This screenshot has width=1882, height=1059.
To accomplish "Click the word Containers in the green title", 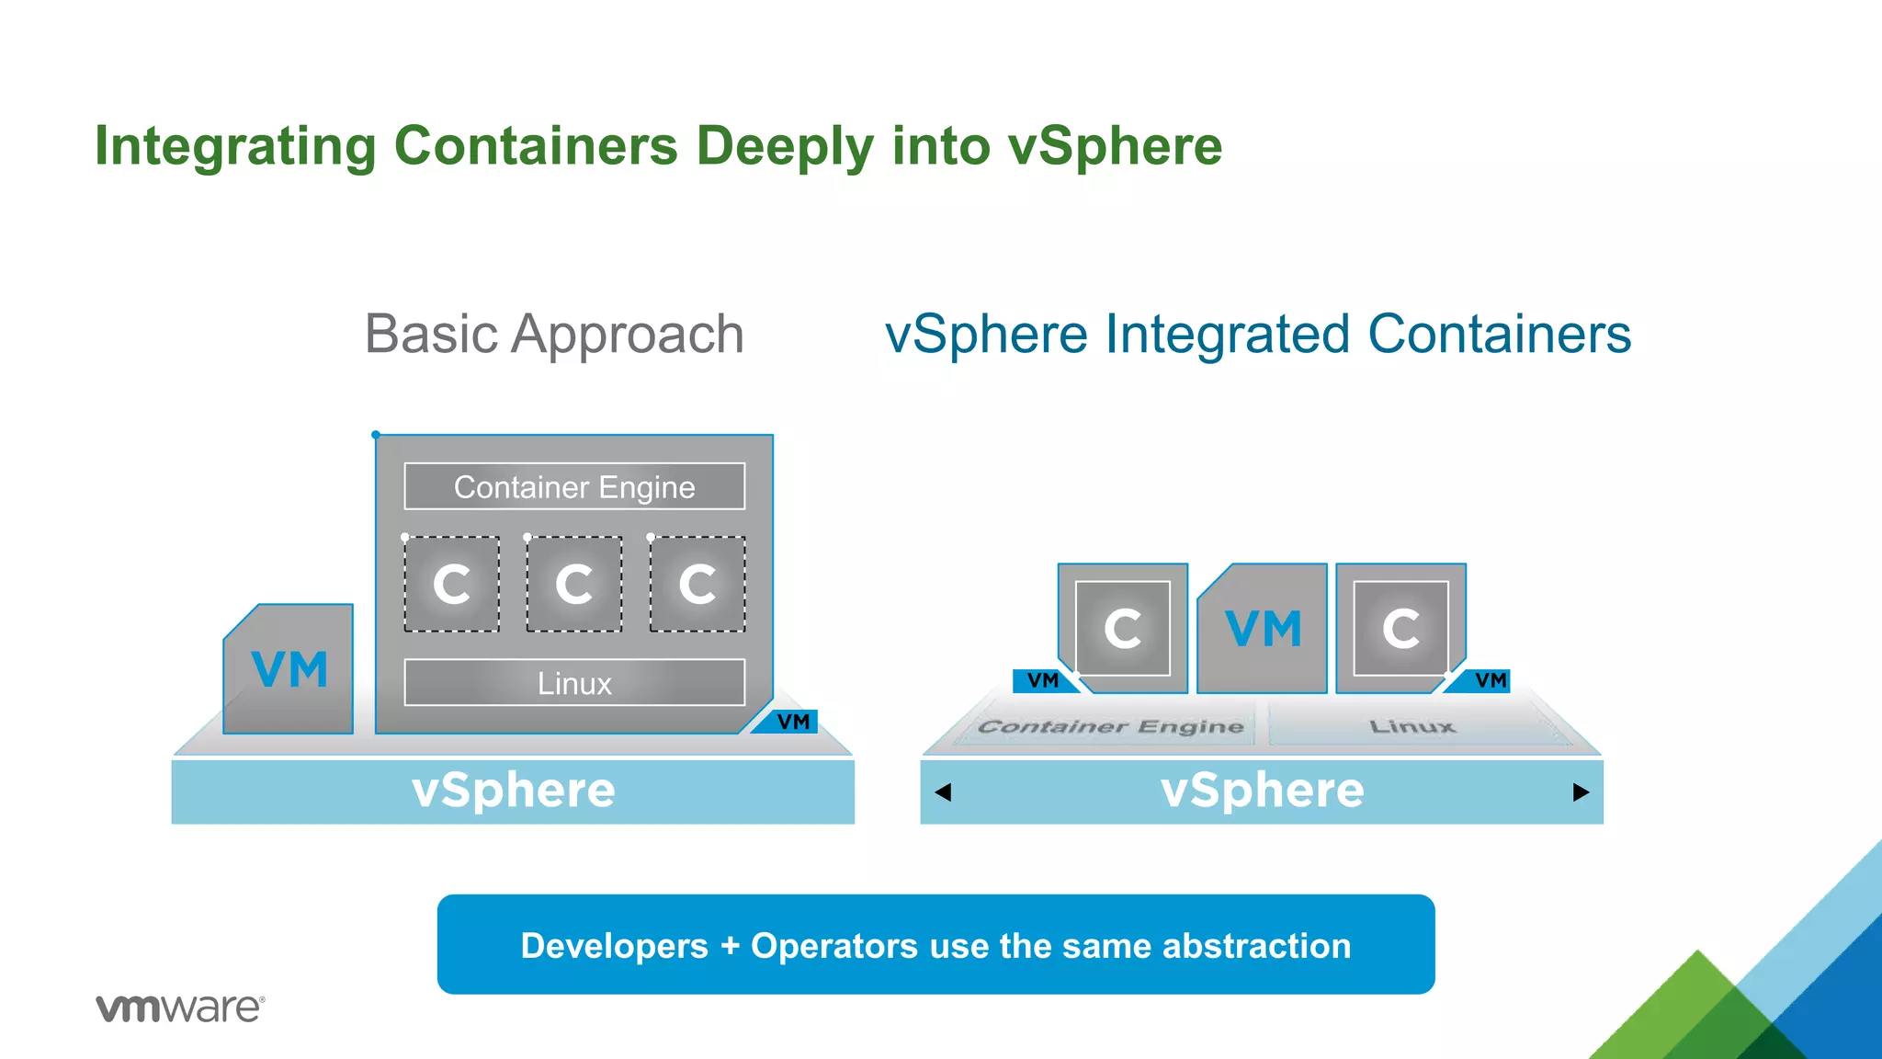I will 536,146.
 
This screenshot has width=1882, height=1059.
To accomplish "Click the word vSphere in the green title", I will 1115,146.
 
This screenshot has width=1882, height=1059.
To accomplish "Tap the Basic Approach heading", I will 554,334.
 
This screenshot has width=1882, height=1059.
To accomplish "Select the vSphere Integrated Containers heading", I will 1257,334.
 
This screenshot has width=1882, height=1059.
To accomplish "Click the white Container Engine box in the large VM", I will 574,486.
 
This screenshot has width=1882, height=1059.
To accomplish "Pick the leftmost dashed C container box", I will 452,584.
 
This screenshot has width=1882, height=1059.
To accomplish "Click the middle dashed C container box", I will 574,584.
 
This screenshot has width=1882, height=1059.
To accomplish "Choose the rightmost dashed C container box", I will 697,584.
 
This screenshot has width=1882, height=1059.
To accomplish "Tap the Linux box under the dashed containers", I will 574,683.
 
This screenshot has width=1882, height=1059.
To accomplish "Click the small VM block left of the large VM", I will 289,669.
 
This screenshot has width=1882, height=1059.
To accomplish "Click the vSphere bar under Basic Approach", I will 513,791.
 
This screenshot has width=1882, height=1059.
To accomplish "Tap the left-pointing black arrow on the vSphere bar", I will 943,792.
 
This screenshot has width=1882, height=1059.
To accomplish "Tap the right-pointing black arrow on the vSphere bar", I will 1581,792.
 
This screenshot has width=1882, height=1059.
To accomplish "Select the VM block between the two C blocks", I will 1263,630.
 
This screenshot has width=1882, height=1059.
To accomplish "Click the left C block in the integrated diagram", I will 1123,629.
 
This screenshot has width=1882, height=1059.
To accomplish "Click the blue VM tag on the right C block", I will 1489,680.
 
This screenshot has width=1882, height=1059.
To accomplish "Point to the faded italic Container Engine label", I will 1110,727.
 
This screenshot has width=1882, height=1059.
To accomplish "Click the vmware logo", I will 180,1008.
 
